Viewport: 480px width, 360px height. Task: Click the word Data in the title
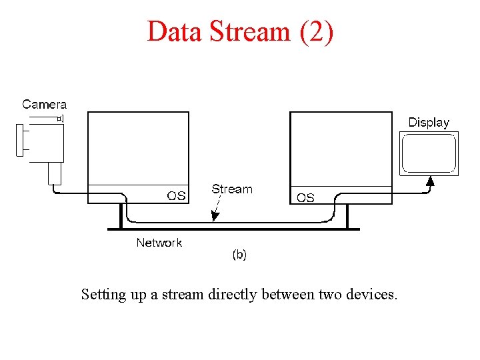pyautogui.click(x=172, y=31)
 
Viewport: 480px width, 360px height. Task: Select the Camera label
pyautogui.click(x=45, y=104)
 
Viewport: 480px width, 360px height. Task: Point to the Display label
pyautogui.click(x=429, y=123)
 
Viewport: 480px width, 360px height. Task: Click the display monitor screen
pyautogui.click(x=429, y=153)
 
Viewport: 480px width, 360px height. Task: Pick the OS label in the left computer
pyautogui.click(x=176, y=196)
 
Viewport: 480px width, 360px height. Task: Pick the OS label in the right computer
pyautogui.click(x=305, y=197)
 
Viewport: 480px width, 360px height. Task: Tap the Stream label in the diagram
pyautogui.click(x=232, y=189)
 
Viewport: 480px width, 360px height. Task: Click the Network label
pyautogui.click(x=159, y=243)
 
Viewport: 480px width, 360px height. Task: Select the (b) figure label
pyautogui.click(x=239, y=255)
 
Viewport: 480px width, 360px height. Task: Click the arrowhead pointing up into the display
pyautogui.click(x=431, y=179)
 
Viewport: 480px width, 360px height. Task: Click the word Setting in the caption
pyautogui.click(x=103, y=294)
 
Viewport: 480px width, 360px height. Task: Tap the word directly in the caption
pyautogui.click(x=232, y=294)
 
